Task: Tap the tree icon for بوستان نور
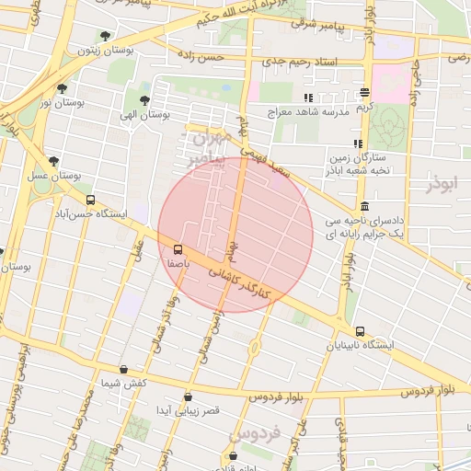pos(62,89)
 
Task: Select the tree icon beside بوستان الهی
pos(144,100)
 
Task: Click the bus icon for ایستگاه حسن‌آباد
pos(90,200)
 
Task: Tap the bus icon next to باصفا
pos(178,249)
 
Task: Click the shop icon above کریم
pos(365,93)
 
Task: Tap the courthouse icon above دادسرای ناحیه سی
pos(365,206)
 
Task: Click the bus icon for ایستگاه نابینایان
pos(359,331)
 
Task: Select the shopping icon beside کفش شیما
pos(123,369)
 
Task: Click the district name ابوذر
pos(442,184)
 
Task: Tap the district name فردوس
pos(253,433)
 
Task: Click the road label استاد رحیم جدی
pos(314,61)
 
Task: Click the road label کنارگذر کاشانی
pos(241,281)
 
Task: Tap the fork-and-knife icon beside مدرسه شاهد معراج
pos(308,97)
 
